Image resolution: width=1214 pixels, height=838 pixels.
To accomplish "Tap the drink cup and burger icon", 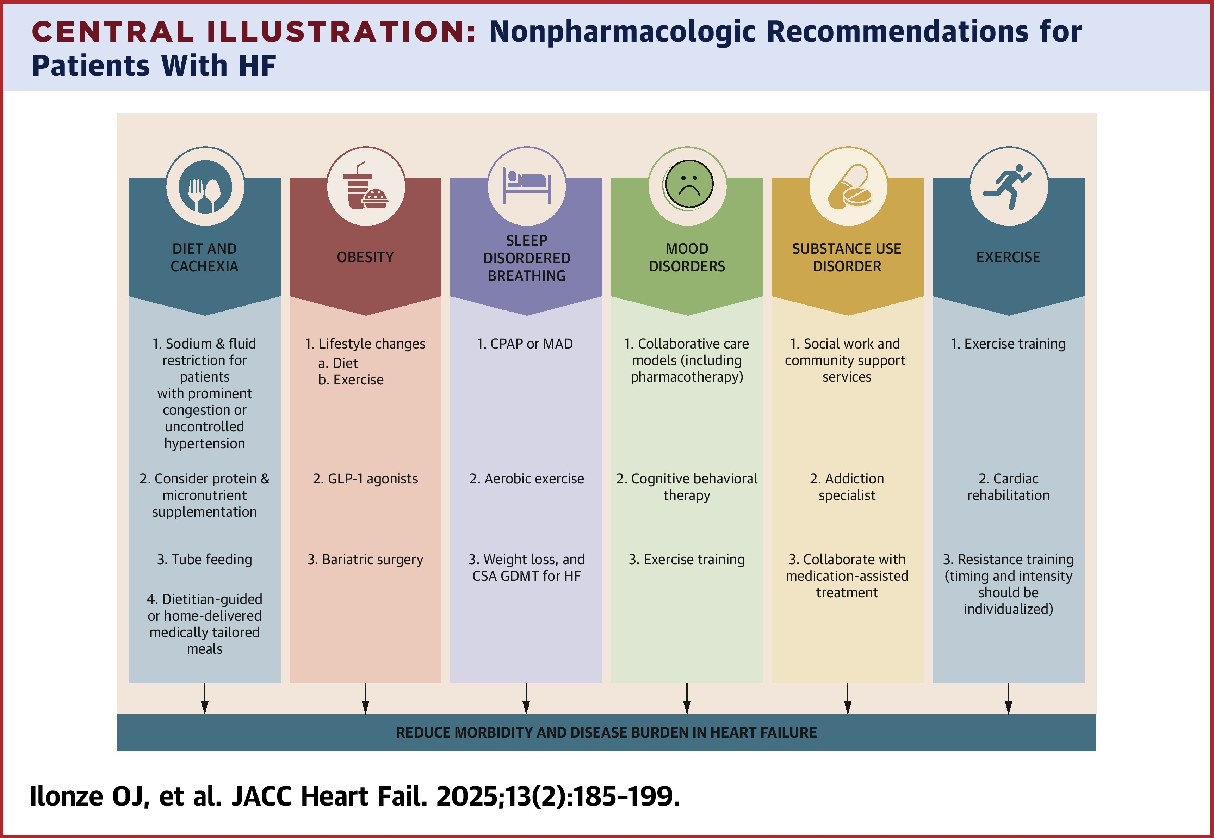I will [x=366, y=188].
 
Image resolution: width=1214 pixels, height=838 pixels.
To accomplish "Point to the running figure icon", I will [x=1008, y=187].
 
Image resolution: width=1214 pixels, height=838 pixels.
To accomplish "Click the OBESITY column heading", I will [x=365, y=257].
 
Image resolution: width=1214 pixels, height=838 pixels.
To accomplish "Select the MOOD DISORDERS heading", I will [x=687, y=257].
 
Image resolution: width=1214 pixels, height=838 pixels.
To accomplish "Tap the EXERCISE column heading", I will [x=1008, y=257].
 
